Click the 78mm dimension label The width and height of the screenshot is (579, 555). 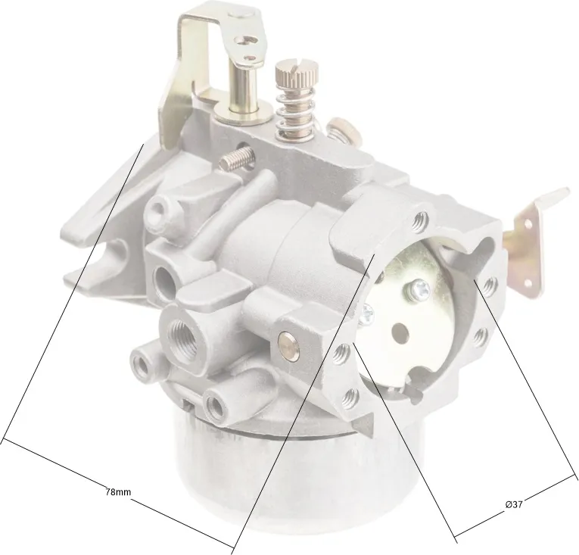118,492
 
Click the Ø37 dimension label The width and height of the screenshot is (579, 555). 514,504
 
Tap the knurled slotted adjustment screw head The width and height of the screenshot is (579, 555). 296,73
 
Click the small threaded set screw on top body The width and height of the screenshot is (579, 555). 237,158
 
